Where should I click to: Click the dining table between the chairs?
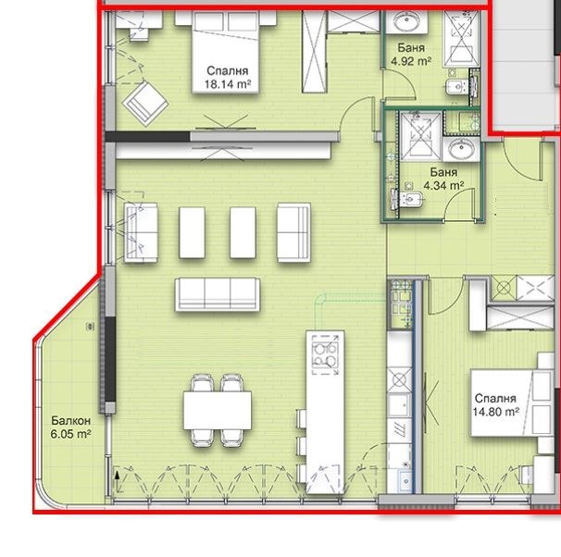pyautogui.click(x=218, y=410)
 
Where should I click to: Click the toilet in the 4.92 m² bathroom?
pyautogui.click(x=454, y=88)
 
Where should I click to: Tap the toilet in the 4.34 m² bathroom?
pyautogui.click(x=407, y=201)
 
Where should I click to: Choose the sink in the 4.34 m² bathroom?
pyautogui.click(x=460, y=150)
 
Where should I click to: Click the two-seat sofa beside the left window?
pyautogui.click(x=142, y=229)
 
